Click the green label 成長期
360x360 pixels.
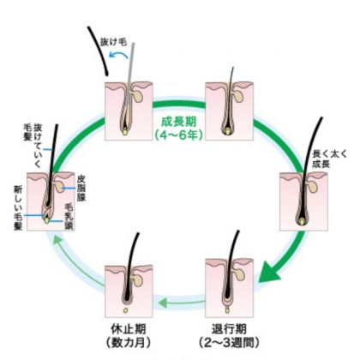(x=179, y=122)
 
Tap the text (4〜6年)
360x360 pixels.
(x=179, y=135)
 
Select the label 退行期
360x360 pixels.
(x=229, y=329)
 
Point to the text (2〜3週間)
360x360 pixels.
(x=229, y=343)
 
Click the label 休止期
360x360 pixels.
(x=129, y=329)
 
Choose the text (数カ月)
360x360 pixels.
(x=129, y=343)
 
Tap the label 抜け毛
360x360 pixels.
(x=113, y=42)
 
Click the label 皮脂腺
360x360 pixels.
(x=81, y=189)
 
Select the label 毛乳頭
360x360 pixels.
(x=69, y=216)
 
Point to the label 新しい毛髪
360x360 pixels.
(x=18, y=207)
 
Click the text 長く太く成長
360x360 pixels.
(x=329, y=159)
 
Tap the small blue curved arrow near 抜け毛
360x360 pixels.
(x=117, y=54)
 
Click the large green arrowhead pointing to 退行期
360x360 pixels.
(x=269, y=271)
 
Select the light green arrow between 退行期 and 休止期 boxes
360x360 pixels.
(x=181, y=303)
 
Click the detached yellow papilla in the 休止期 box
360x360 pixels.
(x=125, y=310)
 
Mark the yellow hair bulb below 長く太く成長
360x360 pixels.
(x=302, y=221)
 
